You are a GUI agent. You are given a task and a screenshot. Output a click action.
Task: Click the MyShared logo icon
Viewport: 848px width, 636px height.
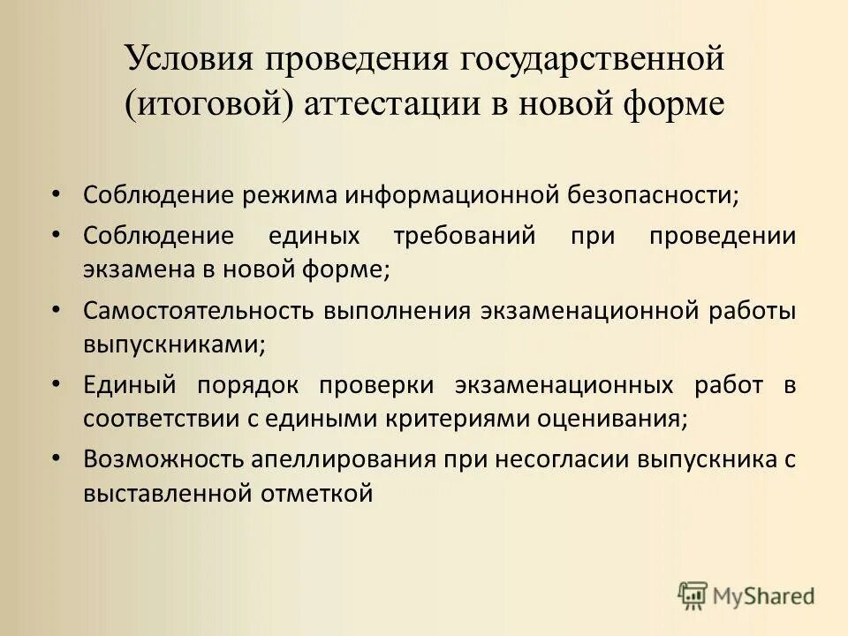point(693,595)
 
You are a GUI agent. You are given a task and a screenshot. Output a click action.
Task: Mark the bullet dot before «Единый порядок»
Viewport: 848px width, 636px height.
point(57,383)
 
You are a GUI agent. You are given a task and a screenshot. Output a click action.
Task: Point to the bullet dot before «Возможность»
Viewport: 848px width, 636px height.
point(57,458)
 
